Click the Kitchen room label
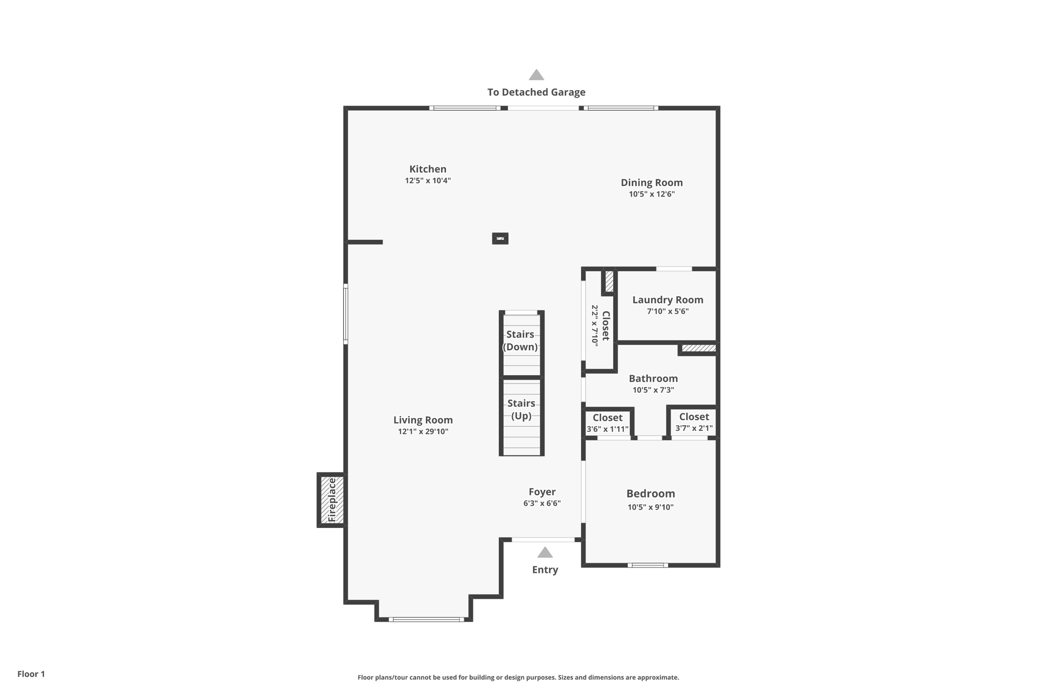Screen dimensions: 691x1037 pyautogui.click(x=427, y=169)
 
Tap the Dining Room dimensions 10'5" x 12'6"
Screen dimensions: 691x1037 pyautogui.click(x=652, y=194)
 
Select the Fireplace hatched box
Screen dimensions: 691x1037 pyautogui.click(x=332, y=500)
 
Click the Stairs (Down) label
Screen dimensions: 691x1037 pyautogui.click(x=520, y=340)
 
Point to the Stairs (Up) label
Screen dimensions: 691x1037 pyautogui.click(x=521, y=409)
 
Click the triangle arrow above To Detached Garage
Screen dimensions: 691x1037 pyautogui.click(x=536, y=75)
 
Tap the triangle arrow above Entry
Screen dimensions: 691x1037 pyautogui.click(x=545, y=552)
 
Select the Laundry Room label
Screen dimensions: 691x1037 pyautogui.click(x=667, y=300)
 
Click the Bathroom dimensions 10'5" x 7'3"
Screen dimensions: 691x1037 pyautogui.click(x=653, y=390)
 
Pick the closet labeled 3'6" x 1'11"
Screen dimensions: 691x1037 pyautogui.click(x=607, y=423)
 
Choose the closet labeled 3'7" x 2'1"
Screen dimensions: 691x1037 pyautogui.click(x=694, y=422)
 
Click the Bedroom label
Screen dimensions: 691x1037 pyautogui.click(x=650, y=494)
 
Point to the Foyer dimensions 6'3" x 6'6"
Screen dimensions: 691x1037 pyautogui.click(x=542, y=504)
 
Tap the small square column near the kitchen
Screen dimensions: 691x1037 pyautogui.click(x=500, y=238)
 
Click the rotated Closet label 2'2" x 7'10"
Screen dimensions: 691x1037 pyautogui.click(x=601, y=326)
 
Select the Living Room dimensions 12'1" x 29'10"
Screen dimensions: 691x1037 pyautogui.click(x=423, y=432)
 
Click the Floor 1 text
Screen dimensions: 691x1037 pyautogui.click(x=31, y=674)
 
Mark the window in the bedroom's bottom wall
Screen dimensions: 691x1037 pyautogui.click(x=648, y=565)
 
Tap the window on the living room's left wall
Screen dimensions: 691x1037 pyautogui.click(x=346, y=314)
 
